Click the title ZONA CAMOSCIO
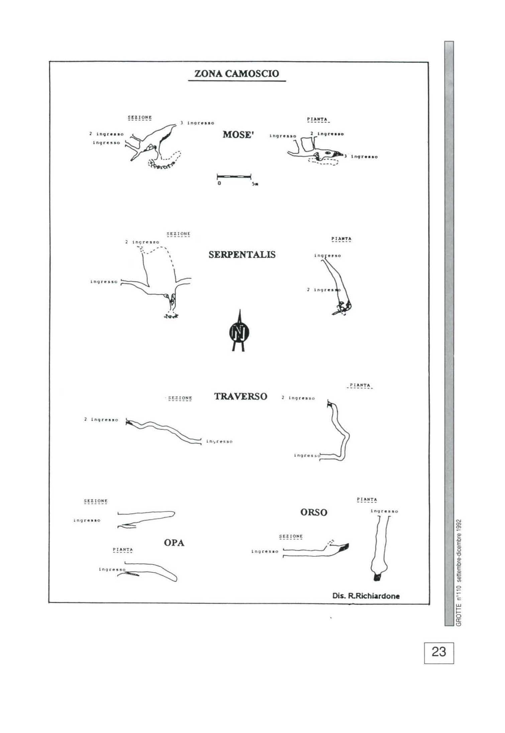[x=236, y=74]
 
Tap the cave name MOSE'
[x=237, y=135]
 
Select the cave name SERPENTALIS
[x=242, y=254]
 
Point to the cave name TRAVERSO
[x=240, y=397]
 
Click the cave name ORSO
[x=313, y=512]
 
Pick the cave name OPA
[x=174, y=543]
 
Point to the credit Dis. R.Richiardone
[x=366, y=596]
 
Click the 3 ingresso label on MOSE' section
[x=197, y=123]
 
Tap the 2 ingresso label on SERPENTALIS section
[x=142, y=242]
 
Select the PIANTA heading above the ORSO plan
[x=367, y=500]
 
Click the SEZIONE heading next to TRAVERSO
[x=180, y=398]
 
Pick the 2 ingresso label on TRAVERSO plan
[x=298, y=398]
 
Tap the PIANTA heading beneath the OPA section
[x=123, y=549]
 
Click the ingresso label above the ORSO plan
[x=384, y=511]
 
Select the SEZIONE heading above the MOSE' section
[x=140, y=117]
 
